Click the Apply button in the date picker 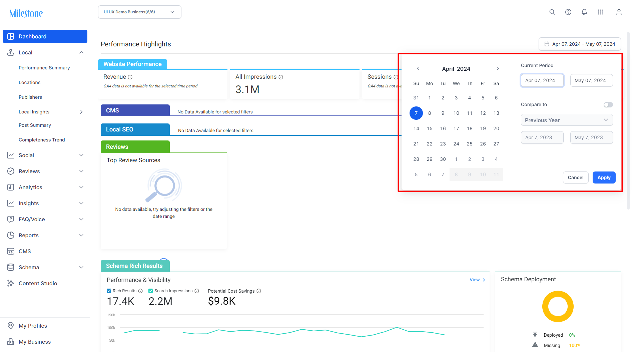[604, 177]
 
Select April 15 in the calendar [430, 128]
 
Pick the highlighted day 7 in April [416, 113]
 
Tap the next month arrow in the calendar [498, 68]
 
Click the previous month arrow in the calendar [418, 68]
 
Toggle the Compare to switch [608, 105]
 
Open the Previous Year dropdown [567, 120]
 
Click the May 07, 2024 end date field [591, 80]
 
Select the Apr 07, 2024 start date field [542, 80]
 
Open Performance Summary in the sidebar [44, 68]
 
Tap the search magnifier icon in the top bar [552, 12]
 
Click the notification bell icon [584, 12]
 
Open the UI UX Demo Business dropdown [140, 12]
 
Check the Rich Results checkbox [109, 291]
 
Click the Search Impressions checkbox [151, 291]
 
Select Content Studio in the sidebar [38, 283]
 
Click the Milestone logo [26, 13]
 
